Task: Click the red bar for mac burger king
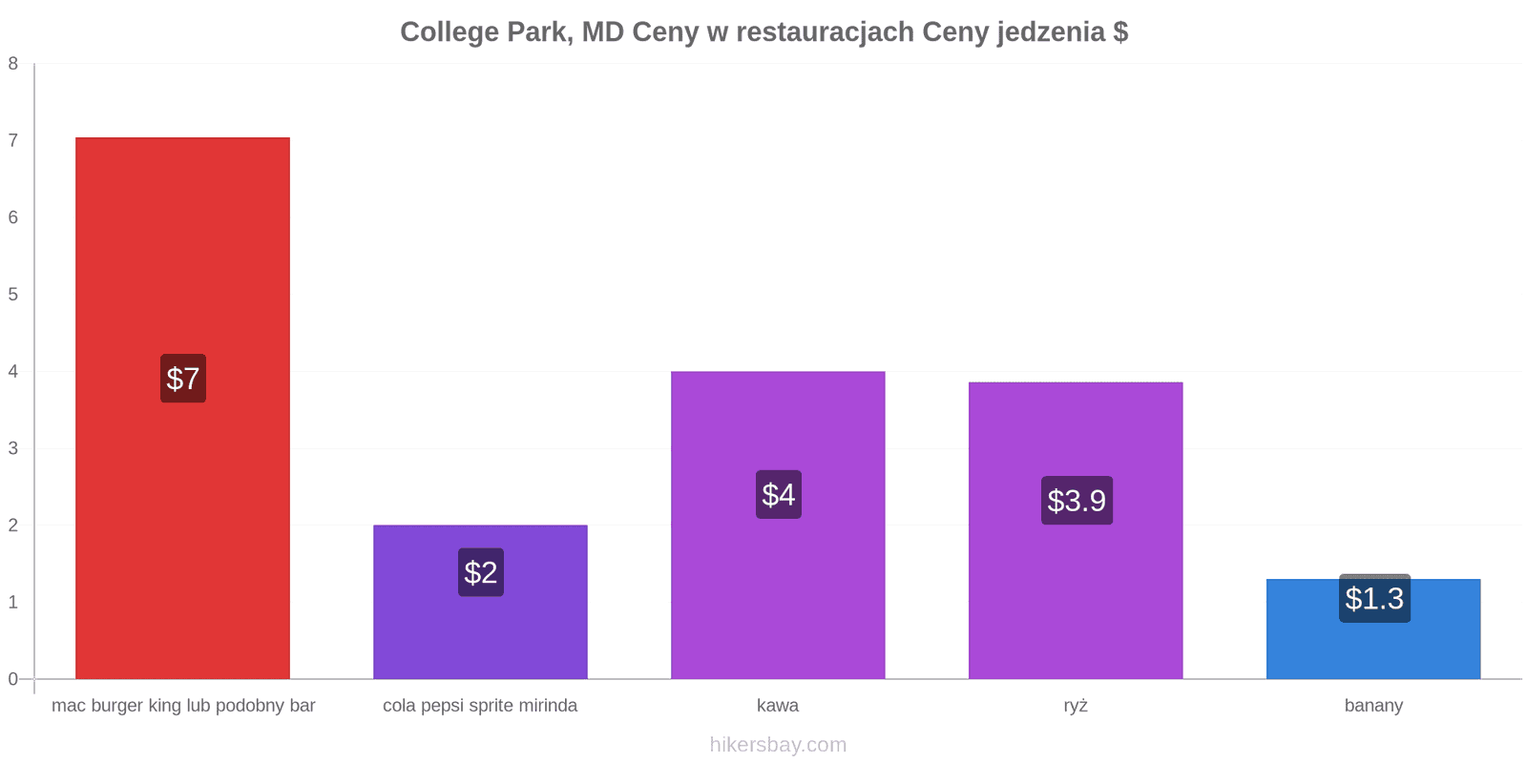click(182, 408)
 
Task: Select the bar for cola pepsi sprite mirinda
click(481, 602)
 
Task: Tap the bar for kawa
click(778, 526)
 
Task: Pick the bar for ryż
click(1076, 530)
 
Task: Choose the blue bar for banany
click(1373, 629)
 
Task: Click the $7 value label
click(183, 378)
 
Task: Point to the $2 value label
click(481, 572)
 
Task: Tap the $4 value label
click(779, 495)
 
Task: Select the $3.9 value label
click(1077, 500)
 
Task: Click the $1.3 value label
click(1374, 598)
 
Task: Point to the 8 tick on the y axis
click(13, 64)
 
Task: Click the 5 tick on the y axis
click(13, 295)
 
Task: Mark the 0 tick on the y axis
click(13, 678)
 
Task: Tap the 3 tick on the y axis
click(13, 448)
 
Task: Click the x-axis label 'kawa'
click(778, 705)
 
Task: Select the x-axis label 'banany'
click(1373, 706)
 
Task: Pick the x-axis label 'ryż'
click(1076, 706)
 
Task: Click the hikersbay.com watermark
click(778, 745)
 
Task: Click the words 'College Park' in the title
click(486, 32)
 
